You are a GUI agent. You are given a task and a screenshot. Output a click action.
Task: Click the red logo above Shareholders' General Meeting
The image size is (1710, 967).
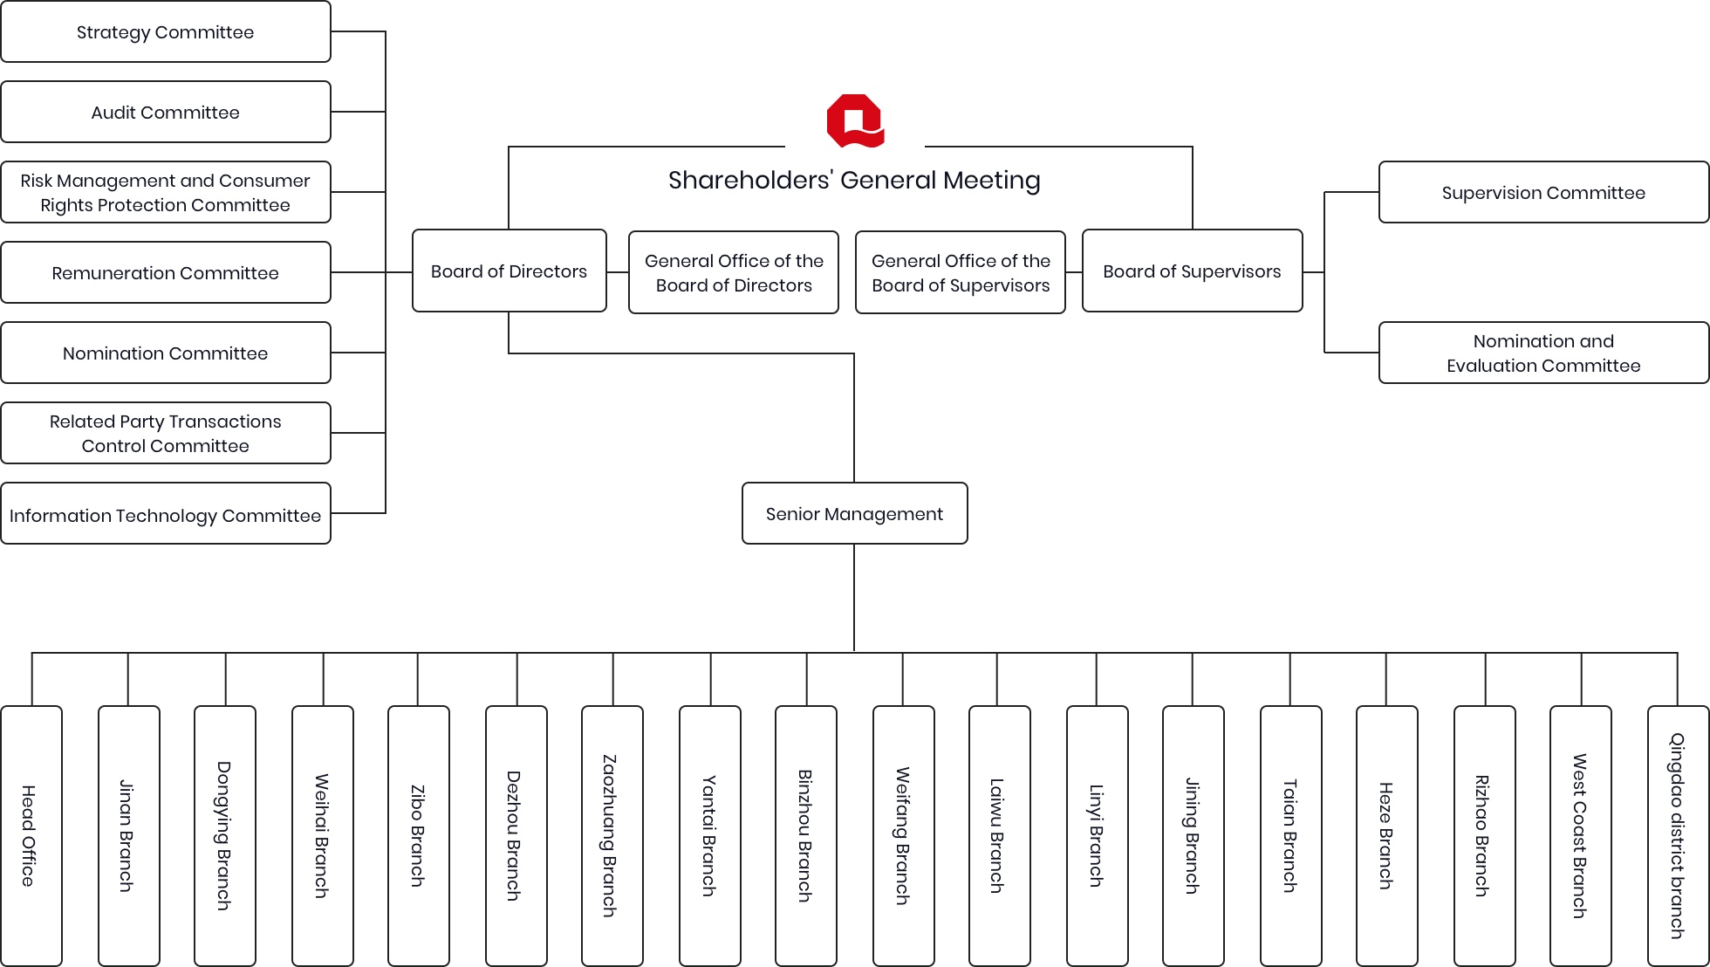point(855,120)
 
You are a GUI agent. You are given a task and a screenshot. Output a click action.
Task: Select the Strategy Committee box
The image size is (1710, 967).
point(166,32)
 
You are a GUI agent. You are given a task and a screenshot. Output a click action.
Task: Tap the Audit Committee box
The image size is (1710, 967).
point(166,113)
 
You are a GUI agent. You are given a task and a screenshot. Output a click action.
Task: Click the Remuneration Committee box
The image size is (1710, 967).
point(166,273)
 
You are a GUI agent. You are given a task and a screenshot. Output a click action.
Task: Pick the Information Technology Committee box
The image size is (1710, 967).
point(166,515)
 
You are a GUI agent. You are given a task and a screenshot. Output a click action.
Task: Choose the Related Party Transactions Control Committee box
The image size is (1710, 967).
point(166,434)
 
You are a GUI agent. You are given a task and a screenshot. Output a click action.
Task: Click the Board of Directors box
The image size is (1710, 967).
point(510,271)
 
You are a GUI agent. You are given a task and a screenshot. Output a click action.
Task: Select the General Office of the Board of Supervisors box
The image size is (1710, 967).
point(961,273)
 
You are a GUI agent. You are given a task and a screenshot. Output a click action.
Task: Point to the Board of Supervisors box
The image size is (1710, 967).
point(1192,271)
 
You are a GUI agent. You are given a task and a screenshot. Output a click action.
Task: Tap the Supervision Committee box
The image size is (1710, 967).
point(1543,193)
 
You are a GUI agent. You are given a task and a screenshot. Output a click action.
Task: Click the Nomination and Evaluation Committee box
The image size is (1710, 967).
point(1543,353)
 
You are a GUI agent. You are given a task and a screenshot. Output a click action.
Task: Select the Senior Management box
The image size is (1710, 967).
point(854,514)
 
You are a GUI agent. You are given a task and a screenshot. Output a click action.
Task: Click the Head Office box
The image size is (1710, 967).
point(31,835)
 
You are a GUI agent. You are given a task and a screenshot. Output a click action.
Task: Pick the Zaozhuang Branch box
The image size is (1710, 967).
point(612,835)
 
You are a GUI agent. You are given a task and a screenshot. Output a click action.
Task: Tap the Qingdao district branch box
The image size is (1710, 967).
point(1678,835)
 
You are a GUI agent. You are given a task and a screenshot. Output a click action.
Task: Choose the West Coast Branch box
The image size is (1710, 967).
point(1580,835)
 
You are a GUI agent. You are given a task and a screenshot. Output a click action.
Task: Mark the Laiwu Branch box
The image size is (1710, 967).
point(999,835)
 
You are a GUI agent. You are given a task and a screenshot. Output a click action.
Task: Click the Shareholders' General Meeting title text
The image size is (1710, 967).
point(854,181)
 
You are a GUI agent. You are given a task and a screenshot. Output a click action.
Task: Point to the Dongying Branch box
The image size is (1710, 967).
point(225,835)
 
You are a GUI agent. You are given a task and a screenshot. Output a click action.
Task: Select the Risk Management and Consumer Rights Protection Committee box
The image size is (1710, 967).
point(166,193)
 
